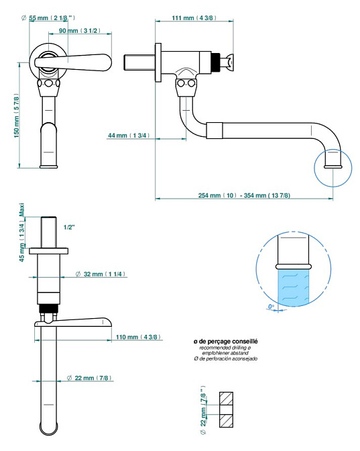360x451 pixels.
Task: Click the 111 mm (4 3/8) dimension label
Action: [194, 18]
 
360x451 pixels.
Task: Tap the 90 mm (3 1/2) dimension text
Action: [80, 30]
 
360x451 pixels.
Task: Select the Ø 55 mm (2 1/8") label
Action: [48, 18]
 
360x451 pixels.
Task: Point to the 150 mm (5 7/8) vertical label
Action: [17, 115]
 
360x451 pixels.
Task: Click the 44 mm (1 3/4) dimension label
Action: [129, 135]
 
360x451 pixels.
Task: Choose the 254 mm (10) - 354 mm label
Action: [244, 195]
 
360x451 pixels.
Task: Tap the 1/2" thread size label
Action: [69, 228]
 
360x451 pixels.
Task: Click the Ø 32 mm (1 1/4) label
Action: [101, 274]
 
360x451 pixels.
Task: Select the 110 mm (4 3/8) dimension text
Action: [138, 337]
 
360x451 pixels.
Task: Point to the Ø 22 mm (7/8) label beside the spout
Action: [89, 378]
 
